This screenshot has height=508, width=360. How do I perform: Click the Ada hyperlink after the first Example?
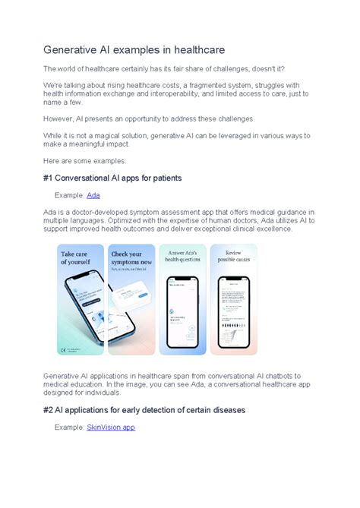[93, 195]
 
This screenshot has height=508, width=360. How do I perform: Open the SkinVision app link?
[111, 428]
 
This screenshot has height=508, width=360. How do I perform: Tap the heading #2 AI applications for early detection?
[144, 410]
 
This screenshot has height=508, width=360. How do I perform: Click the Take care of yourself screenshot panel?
[81, 299]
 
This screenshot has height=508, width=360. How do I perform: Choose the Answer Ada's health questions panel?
[182, 299]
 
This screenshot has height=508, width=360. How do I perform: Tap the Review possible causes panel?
[233, 299]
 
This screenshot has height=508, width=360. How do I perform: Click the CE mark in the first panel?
[63, 349]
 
